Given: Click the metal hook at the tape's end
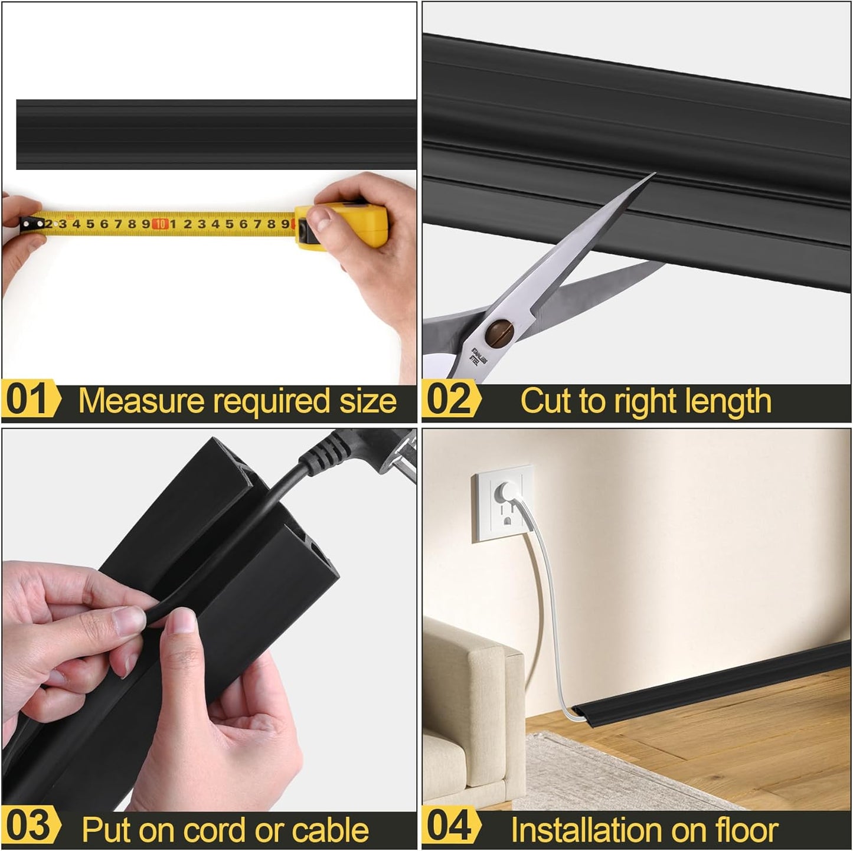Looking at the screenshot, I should click(x=27, y=224).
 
